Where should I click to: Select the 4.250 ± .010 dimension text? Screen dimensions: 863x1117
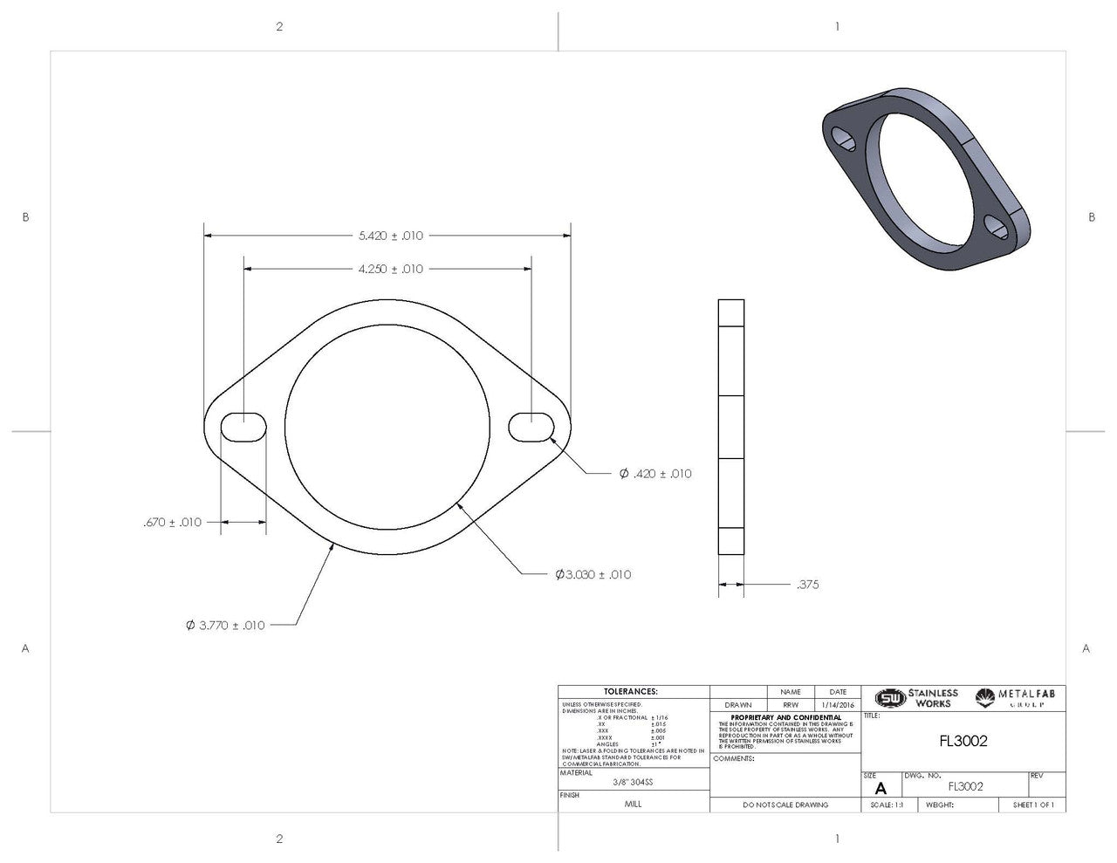[390, 269]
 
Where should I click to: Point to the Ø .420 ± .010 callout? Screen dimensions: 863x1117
[654, 474]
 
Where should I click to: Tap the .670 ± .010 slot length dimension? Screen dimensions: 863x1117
[172, 522]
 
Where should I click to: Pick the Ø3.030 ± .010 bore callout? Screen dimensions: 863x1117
[593, 574]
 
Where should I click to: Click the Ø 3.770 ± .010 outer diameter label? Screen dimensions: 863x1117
[225, 625]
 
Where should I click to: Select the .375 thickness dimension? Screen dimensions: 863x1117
[807, 585]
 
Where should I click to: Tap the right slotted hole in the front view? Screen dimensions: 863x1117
[531, 427]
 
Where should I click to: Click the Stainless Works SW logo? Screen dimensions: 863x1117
[890, 699]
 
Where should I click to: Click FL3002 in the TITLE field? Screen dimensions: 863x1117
[963, 741]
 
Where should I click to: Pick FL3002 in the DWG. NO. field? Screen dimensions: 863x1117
[965, 785]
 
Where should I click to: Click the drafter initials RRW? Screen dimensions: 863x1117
[791, 705]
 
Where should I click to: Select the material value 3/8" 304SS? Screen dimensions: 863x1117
[633, 782]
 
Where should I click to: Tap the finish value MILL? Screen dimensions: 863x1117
[633, 804]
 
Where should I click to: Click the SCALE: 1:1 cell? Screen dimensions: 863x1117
[887, 805]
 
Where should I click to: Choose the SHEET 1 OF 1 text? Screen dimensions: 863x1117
[1033, 805]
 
